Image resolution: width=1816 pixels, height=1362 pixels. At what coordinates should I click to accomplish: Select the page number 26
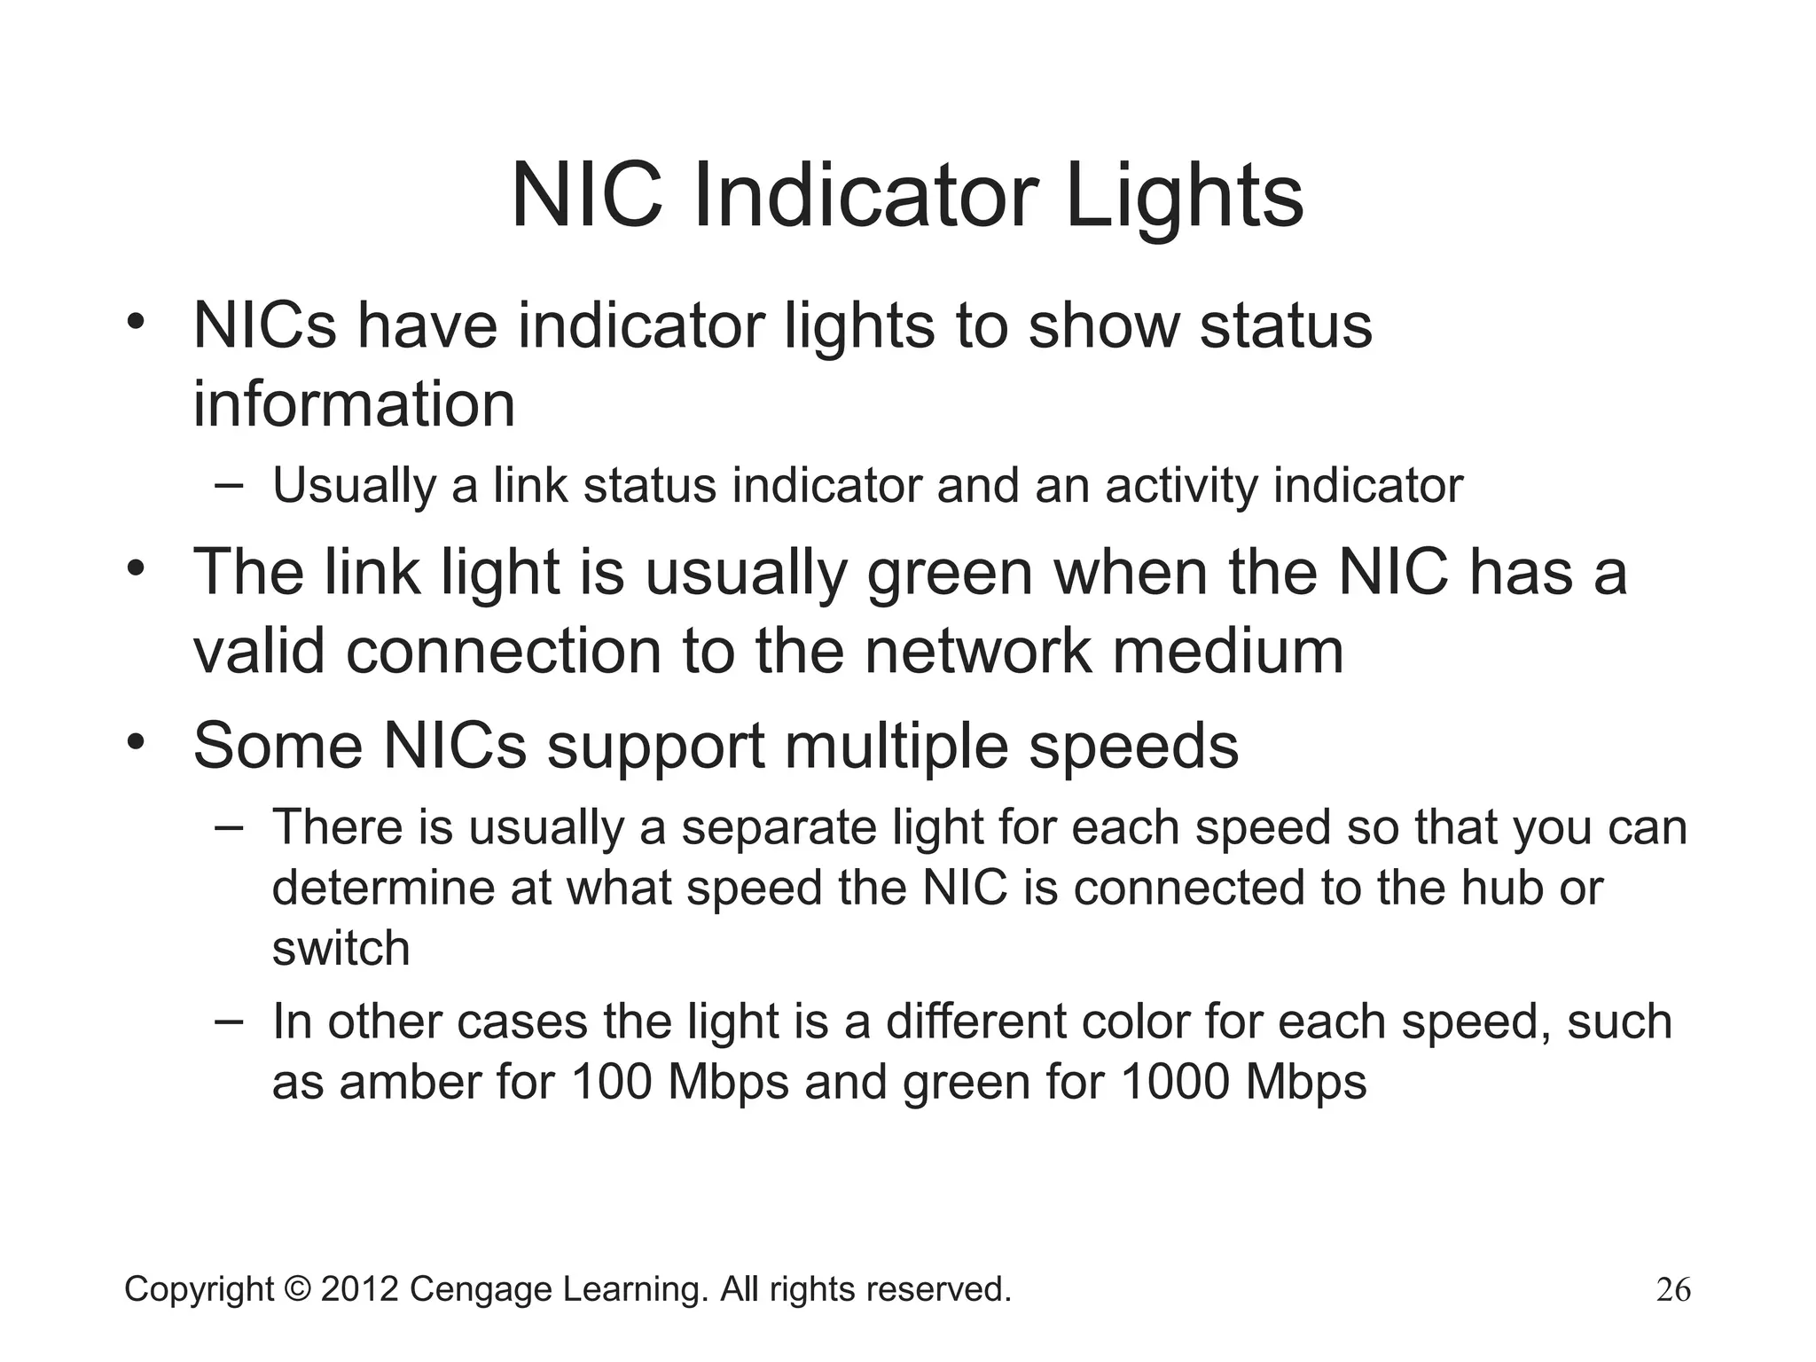[1673, 1289]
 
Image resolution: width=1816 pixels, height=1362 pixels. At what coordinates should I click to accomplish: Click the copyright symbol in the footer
[297, 1289]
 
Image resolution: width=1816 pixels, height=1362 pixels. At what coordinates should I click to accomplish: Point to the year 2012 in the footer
[359, 1289]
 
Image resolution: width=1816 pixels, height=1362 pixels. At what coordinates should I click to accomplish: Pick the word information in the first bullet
[354, 404]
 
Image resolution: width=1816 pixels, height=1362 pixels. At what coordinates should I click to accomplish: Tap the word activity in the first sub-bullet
[1181, 487]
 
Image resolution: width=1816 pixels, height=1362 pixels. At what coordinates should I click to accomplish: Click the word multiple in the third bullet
[897, 746]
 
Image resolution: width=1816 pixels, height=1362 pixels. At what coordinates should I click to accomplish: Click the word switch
[340, 948]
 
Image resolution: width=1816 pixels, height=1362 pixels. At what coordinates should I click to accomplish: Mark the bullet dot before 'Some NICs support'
[135, 741]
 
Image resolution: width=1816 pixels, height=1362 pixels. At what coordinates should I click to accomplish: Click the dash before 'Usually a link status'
[228, 484]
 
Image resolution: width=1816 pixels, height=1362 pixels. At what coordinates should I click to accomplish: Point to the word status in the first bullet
[1286, 326]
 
